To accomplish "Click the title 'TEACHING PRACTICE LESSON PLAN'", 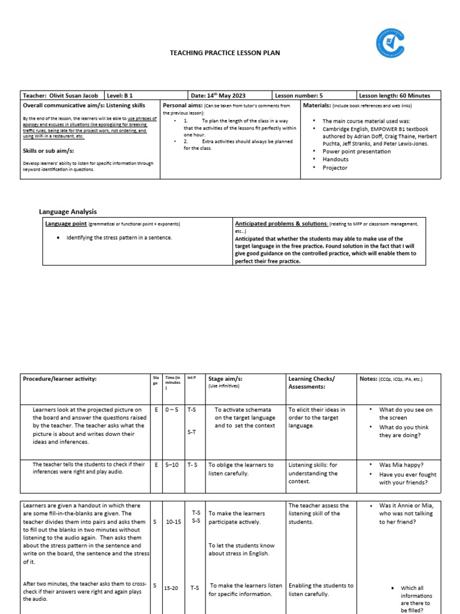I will point(225,53).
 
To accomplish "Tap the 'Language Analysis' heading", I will point(68,212).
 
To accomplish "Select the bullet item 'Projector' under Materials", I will point(335,168).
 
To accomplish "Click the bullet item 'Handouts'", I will point(335,159).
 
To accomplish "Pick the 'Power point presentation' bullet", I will point(356,152).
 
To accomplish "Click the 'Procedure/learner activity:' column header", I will point(59,379).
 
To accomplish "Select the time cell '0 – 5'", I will point(171,410).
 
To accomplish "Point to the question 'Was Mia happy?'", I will point(402,465).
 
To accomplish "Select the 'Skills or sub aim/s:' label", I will point(52,151).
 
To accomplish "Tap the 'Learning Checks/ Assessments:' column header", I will point(311,383).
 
